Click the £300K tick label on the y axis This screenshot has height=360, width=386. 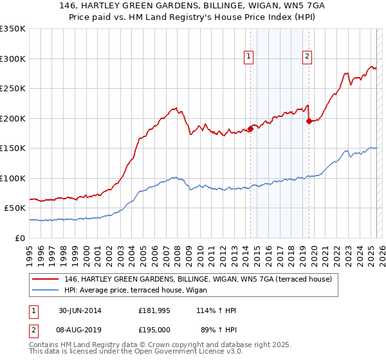(x=13, y=59)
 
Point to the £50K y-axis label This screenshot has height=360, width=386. (x=15, y=208)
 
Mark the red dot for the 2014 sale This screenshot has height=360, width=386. (x=250, y=129)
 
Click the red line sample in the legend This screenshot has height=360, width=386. (x=46, y=279)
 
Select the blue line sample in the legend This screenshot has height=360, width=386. (x=46, y=290)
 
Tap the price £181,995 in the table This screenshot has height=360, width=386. (x=155, y=310)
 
